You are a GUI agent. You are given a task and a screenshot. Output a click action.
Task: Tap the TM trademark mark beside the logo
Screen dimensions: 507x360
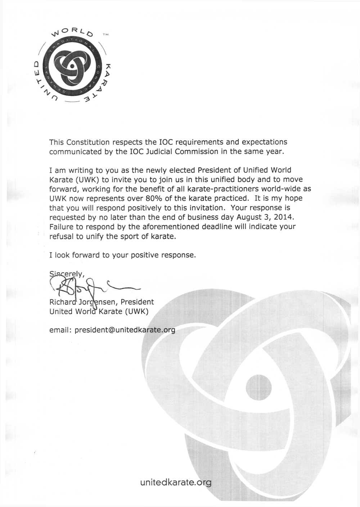point(105,35)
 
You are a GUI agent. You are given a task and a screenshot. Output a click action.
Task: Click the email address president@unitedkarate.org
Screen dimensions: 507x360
point(125,330)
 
